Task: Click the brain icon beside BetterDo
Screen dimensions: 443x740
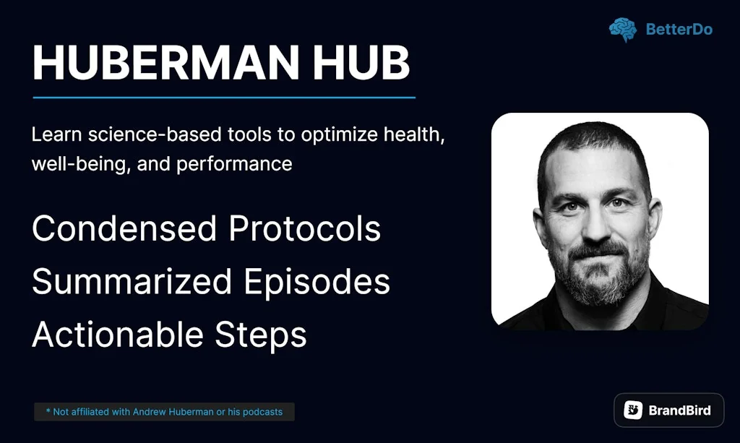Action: pos(622,30)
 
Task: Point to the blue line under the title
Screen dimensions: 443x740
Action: pos(224,97)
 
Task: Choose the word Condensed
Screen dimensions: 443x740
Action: pos(124,229)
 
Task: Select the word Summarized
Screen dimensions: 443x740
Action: pos(132,282)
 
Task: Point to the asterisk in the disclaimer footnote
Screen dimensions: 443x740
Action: pos(48,411)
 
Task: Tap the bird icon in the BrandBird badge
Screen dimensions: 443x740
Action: pos(634,410)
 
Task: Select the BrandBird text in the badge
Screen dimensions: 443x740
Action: pos(679,410)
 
